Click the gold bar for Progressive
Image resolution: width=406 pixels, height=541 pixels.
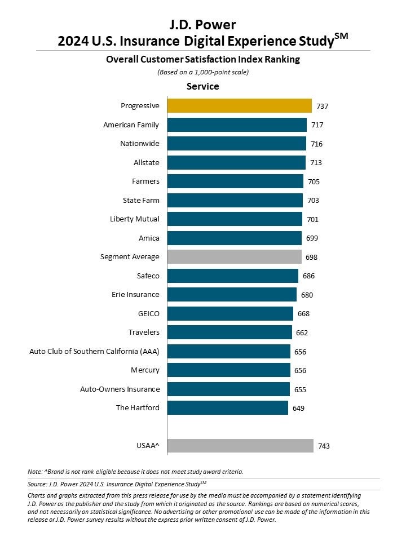(x=240, y=106)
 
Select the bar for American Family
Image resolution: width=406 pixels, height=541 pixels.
(x=237, y=125)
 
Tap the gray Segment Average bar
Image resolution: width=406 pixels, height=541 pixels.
(x=235, y=257)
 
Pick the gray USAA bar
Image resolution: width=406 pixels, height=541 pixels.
(x=240, y=446)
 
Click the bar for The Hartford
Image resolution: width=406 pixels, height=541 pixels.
(x=228, y=408)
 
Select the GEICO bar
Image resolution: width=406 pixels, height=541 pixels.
(x=230, y=314)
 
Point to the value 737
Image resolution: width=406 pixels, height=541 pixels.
(x=323, y=106)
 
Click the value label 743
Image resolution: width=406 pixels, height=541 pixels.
(x=324, y=446)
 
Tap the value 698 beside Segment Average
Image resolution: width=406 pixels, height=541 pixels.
(x=312, y=257)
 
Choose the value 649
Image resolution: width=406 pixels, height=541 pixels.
(x=298, y=408)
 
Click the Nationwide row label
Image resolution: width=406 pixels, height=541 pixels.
(x=140, y=144)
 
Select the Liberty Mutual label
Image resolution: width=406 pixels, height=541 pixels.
(x=135, y=219)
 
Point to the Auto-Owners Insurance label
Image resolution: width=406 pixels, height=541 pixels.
(x=120, y=389)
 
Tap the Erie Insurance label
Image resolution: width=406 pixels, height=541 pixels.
(x=135, y=295)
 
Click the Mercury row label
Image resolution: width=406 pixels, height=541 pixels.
(x=145, y=370)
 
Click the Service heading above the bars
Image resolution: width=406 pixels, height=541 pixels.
(x=203, y=87)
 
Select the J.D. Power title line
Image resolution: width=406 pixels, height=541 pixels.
(x=203, y=25)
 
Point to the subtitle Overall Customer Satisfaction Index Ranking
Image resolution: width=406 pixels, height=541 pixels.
(x=203, y=59)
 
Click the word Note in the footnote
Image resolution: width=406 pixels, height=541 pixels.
(x=34, y=472)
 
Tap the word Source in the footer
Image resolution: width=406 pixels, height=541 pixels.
(x=37, y=484)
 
